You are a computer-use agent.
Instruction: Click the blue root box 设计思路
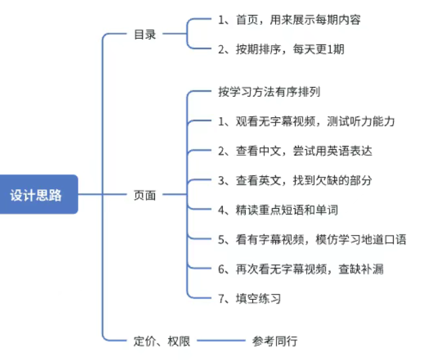point(37,194)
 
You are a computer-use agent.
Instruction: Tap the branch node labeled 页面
point(144,195)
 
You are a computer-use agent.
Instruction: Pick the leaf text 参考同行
point(275,340)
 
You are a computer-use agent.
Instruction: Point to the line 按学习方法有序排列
point(269,92)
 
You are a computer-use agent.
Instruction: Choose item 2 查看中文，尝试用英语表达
point(295,151)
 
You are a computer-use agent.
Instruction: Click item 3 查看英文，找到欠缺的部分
point(295,181)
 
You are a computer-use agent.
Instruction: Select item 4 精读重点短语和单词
point(278,210)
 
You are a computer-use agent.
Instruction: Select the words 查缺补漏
point(369,269)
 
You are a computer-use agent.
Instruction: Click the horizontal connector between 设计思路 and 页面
point(101,195)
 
